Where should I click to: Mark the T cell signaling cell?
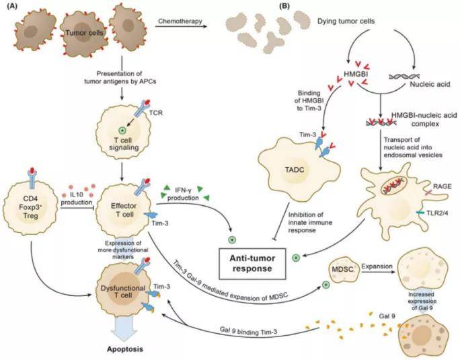[x=122, y=123]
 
